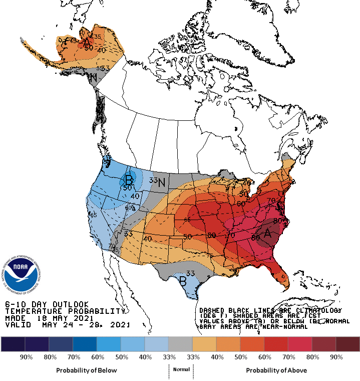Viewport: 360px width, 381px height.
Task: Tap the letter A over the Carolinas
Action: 268,233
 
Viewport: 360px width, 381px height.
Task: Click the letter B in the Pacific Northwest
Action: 130,179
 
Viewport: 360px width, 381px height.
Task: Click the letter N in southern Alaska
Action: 93,78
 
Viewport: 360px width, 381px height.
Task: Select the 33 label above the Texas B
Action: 190,273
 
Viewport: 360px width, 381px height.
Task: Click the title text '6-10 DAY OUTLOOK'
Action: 47,304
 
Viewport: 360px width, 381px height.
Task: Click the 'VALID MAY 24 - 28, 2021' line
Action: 67,325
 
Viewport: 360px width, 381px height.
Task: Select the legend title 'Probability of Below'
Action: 87,370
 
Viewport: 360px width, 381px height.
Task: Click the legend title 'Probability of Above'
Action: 276,370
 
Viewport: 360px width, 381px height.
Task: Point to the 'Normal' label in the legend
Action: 182,369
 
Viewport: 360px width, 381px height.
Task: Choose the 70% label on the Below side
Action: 73,357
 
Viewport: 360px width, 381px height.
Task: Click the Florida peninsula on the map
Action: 283,278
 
